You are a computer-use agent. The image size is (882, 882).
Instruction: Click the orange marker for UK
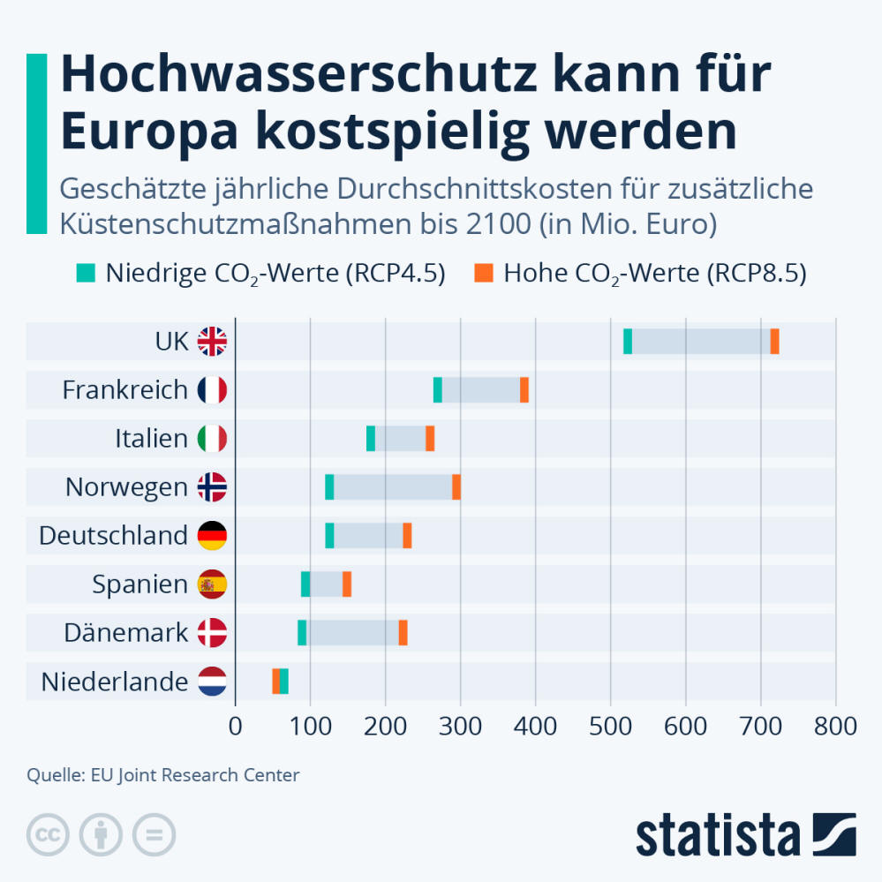(x=774, y=341)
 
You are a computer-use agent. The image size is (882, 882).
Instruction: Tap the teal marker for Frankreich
(x=438, y=389)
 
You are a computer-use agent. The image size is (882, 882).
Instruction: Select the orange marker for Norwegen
(x=456, y=486)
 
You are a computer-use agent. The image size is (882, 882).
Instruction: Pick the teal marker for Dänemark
(x=302, y=632)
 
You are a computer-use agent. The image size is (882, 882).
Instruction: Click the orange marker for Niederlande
(x=276, y=681)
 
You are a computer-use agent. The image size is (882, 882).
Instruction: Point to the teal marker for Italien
(x=371, y=438)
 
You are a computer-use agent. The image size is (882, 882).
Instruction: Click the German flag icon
(x=212, y=535)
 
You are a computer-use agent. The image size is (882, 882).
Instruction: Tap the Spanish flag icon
(x=212, y=584)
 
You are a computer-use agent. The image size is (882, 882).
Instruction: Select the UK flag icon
(x=212, y=341)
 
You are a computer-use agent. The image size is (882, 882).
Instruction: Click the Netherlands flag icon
(x=212, y=681)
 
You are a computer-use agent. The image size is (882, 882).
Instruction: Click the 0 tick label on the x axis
(x=235, y=727)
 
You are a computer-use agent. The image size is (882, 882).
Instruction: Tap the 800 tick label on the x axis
(x=835, y=727)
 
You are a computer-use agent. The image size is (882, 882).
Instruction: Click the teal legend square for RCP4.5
(x=85, y=273)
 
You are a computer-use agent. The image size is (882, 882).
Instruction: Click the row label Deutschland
(x=113, y=536)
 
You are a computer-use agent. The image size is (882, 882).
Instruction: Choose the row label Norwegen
(x=126, y=487)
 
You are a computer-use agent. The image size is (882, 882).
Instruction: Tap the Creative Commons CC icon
(x=49, y=833)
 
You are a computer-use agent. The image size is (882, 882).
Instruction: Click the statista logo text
(x=716, y=834)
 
